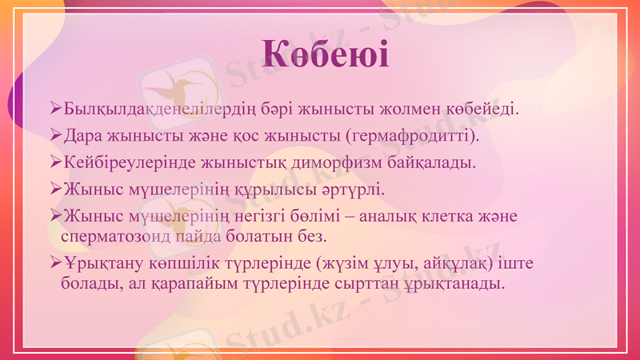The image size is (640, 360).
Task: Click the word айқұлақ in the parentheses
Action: (449, 264)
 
